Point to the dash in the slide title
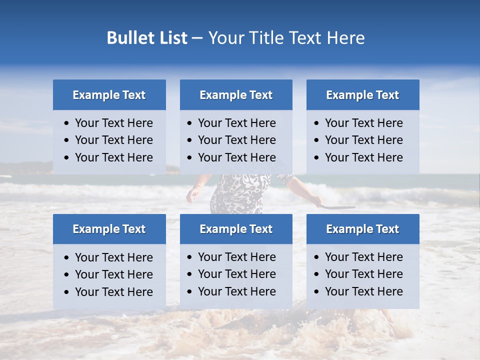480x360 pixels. click(x=197, y=38)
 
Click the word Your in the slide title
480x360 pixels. click(x=224, y=38)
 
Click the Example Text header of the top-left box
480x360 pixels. click(x=109, y=95)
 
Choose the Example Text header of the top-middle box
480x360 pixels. click(x=236, y=95)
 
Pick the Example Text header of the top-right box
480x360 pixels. click(x=362, y=95)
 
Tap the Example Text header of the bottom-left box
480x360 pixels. click(x=109, y=229)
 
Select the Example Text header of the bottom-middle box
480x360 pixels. click(x=236, y=229)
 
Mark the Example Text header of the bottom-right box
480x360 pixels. click(x=362, y=229)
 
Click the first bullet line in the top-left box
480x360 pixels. click(x=113, y=123)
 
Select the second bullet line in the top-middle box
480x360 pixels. click(x=236, y=140)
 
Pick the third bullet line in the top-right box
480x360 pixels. click(x=363, y=157)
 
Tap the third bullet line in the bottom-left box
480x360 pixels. click(x=113, y=292)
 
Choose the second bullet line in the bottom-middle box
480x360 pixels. click(x=236, y=274)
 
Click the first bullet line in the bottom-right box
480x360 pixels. click(x=363, y=257)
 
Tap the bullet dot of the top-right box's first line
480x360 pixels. click(x=317, y=123)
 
